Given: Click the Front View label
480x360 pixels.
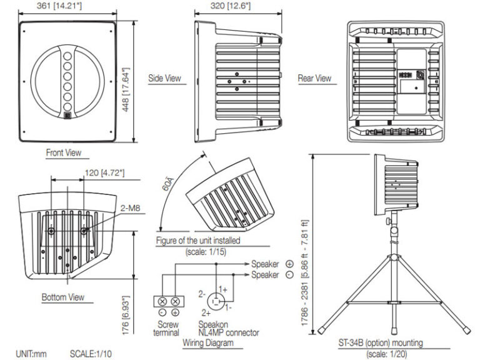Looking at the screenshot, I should click(63, 152).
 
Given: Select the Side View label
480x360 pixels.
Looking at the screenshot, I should click(164, 79).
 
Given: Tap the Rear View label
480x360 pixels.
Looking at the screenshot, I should click(314, 79).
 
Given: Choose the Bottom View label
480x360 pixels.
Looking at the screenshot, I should click(62, 297).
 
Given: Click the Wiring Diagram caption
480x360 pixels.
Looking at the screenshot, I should click(208, 343).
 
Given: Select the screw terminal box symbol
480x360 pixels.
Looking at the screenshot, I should click(169, 301).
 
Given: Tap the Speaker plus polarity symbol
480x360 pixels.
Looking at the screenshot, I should click(289, 264).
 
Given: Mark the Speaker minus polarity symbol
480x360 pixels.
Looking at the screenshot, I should click(289, 275).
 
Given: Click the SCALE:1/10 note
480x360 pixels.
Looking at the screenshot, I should click(91, 354).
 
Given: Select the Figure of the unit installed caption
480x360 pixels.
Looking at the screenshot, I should click(198, 240).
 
